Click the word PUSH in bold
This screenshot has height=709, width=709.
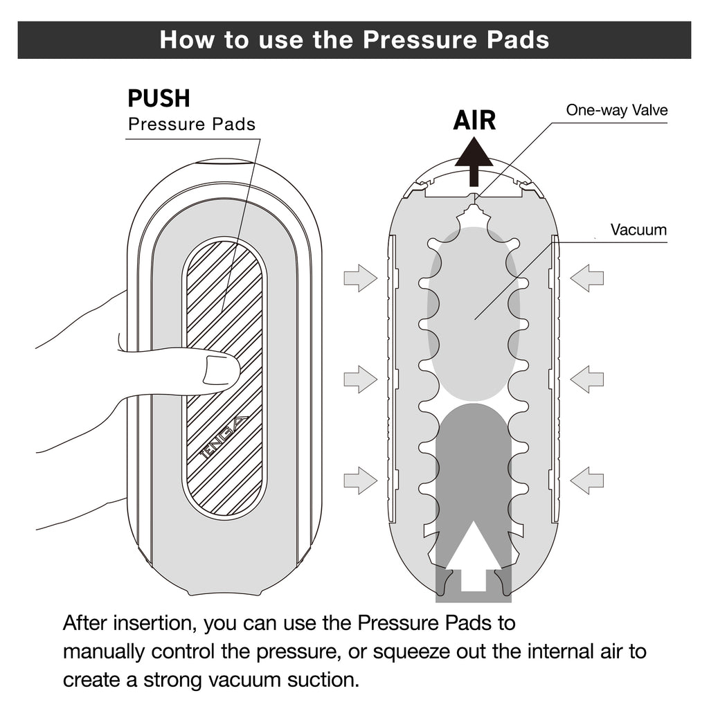(x=159, y=98)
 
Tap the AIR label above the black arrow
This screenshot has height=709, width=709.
(x=474, y=120)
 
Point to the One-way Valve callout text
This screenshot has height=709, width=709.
(x=616, y=110)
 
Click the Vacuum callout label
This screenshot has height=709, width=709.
(x=638, y=230)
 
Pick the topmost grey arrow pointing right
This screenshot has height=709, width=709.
(x=360, y=278)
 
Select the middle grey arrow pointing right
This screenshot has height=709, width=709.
(x=360, y=379)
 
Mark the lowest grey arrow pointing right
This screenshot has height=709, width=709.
(x=360, y=480)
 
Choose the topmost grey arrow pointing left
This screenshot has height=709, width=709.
(x=587, y=278)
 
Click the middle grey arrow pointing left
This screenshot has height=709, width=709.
(x=587, y=379)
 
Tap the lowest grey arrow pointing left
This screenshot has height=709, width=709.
(x=587, y=480)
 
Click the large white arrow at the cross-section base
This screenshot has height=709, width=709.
(x=474, y=554)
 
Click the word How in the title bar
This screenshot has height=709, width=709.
(x=183, y=39)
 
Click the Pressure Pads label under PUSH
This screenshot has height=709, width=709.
(x=192, y=125)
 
